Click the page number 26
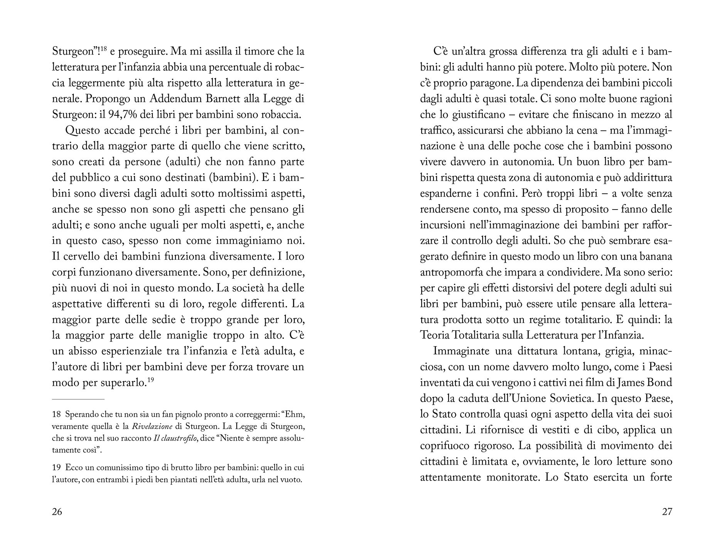tap(57, 512)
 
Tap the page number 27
tap(667, 512)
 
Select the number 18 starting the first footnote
tap(56, 415)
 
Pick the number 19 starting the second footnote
tap(56, 468)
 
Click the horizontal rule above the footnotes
tap(78, 399)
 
